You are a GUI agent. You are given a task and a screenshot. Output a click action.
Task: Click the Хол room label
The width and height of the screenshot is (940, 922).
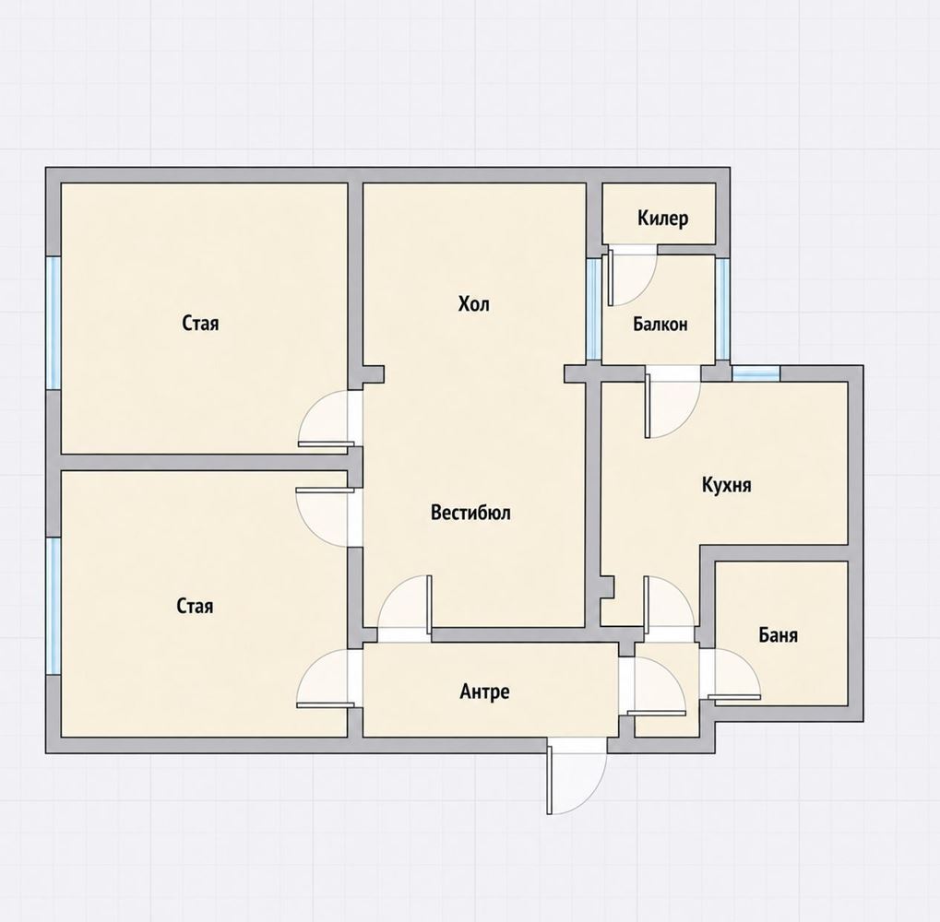pos(473,303)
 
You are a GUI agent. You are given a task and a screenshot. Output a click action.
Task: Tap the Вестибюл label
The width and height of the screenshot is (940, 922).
pos(470,513)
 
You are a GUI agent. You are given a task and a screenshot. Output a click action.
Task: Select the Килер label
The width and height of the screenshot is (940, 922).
pos(662,219)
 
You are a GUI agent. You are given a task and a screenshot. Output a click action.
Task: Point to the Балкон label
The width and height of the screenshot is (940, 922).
pos(660,325)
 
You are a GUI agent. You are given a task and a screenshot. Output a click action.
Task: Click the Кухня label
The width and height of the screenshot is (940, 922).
pos(727,484)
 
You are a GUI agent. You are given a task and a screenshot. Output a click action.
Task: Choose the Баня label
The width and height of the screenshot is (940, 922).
pos(779,634)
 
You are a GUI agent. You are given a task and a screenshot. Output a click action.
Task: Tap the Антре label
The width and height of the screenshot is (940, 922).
pos(484,691)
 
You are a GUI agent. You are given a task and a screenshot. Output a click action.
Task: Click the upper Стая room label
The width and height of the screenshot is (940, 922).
pos(200,324)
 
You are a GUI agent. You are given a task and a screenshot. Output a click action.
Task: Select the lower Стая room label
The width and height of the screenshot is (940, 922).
pos(195,606)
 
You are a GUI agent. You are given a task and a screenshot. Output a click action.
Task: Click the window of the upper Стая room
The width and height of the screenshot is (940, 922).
pos(54,323)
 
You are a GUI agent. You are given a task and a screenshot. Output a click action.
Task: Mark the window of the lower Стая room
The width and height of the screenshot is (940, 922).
pos(54,606)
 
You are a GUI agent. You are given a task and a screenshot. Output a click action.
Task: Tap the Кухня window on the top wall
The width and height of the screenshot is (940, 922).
pos(756,372)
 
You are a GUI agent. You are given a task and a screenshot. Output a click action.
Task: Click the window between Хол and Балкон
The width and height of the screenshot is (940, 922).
pos(593,309)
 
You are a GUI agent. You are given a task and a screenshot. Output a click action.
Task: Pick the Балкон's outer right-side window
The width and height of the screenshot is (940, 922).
pos(723,309)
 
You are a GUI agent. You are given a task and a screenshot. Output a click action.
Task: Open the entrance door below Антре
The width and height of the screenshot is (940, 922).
pos(576,775)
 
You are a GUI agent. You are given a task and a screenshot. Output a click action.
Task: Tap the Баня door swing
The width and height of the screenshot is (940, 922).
pos(733,675)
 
